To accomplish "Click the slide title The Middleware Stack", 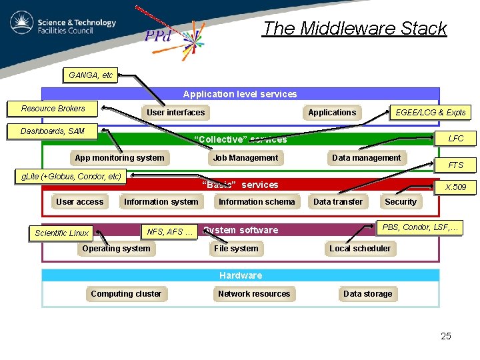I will [354, 29].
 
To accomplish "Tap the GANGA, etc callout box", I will [91, 75].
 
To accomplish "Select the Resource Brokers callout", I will [53, 109].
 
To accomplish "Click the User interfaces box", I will [175, 113].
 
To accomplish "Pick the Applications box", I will [332, 113].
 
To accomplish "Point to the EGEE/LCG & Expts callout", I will [430, 113].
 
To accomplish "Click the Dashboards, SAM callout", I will [53, 131].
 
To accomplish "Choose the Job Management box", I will [245, 158].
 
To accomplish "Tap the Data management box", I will [366, 158].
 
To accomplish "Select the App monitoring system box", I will [119, 158].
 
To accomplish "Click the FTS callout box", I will [456, 165].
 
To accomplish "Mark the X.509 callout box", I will [456, 187].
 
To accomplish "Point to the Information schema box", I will [257, 202].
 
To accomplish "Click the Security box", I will [401, 202].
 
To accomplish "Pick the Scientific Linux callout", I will [62, 233].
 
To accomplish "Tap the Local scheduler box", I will [360, 249].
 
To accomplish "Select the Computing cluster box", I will [126, 294].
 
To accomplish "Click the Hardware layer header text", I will [241, 275].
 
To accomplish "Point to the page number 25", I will [446, 336].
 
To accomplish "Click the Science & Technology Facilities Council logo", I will [63, 25].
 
